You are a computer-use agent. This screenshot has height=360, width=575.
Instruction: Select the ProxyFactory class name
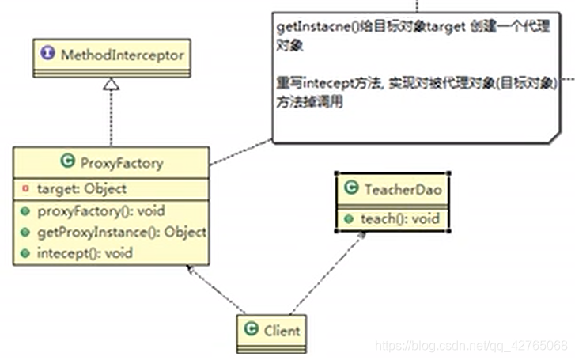tap(122, 164)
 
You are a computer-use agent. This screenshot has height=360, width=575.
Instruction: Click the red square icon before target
tap(25, 189)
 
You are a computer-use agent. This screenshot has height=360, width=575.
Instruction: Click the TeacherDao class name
tap(401, 190)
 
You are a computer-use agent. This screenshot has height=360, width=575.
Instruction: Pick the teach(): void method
tap(400, 218)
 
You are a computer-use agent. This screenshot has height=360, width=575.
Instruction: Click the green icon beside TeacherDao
tap(351, 190)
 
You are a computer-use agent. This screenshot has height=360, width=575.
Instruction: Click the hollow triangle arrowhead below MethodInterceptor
tap(112, 85)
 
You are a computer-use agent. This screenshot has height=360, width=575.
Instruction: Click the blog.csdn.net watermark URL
tap(470, 346)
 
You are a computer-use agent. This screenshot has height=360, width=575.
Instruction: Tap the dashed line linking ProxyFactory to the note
tap(241, 153)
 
